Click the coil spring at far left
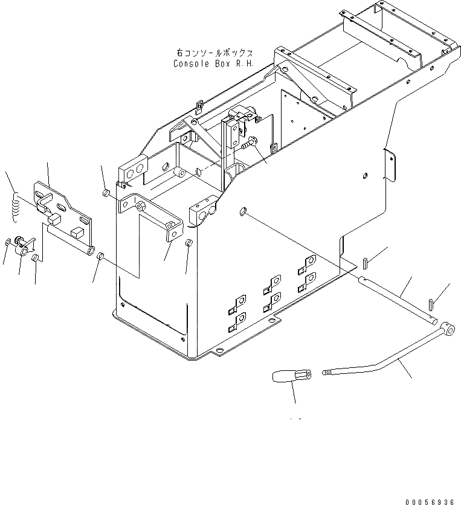[x=16, y=205]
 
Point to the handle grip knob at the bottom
[x=290, y=378]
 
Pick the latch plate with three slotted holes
[x=62, y=205]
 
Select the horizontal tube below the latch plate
[x=68, y=237]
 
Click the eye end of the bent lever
[x=447, y=329]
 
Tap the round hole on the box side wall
[x=242, y=211]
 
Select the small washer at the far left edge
[x=7, y=243]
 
